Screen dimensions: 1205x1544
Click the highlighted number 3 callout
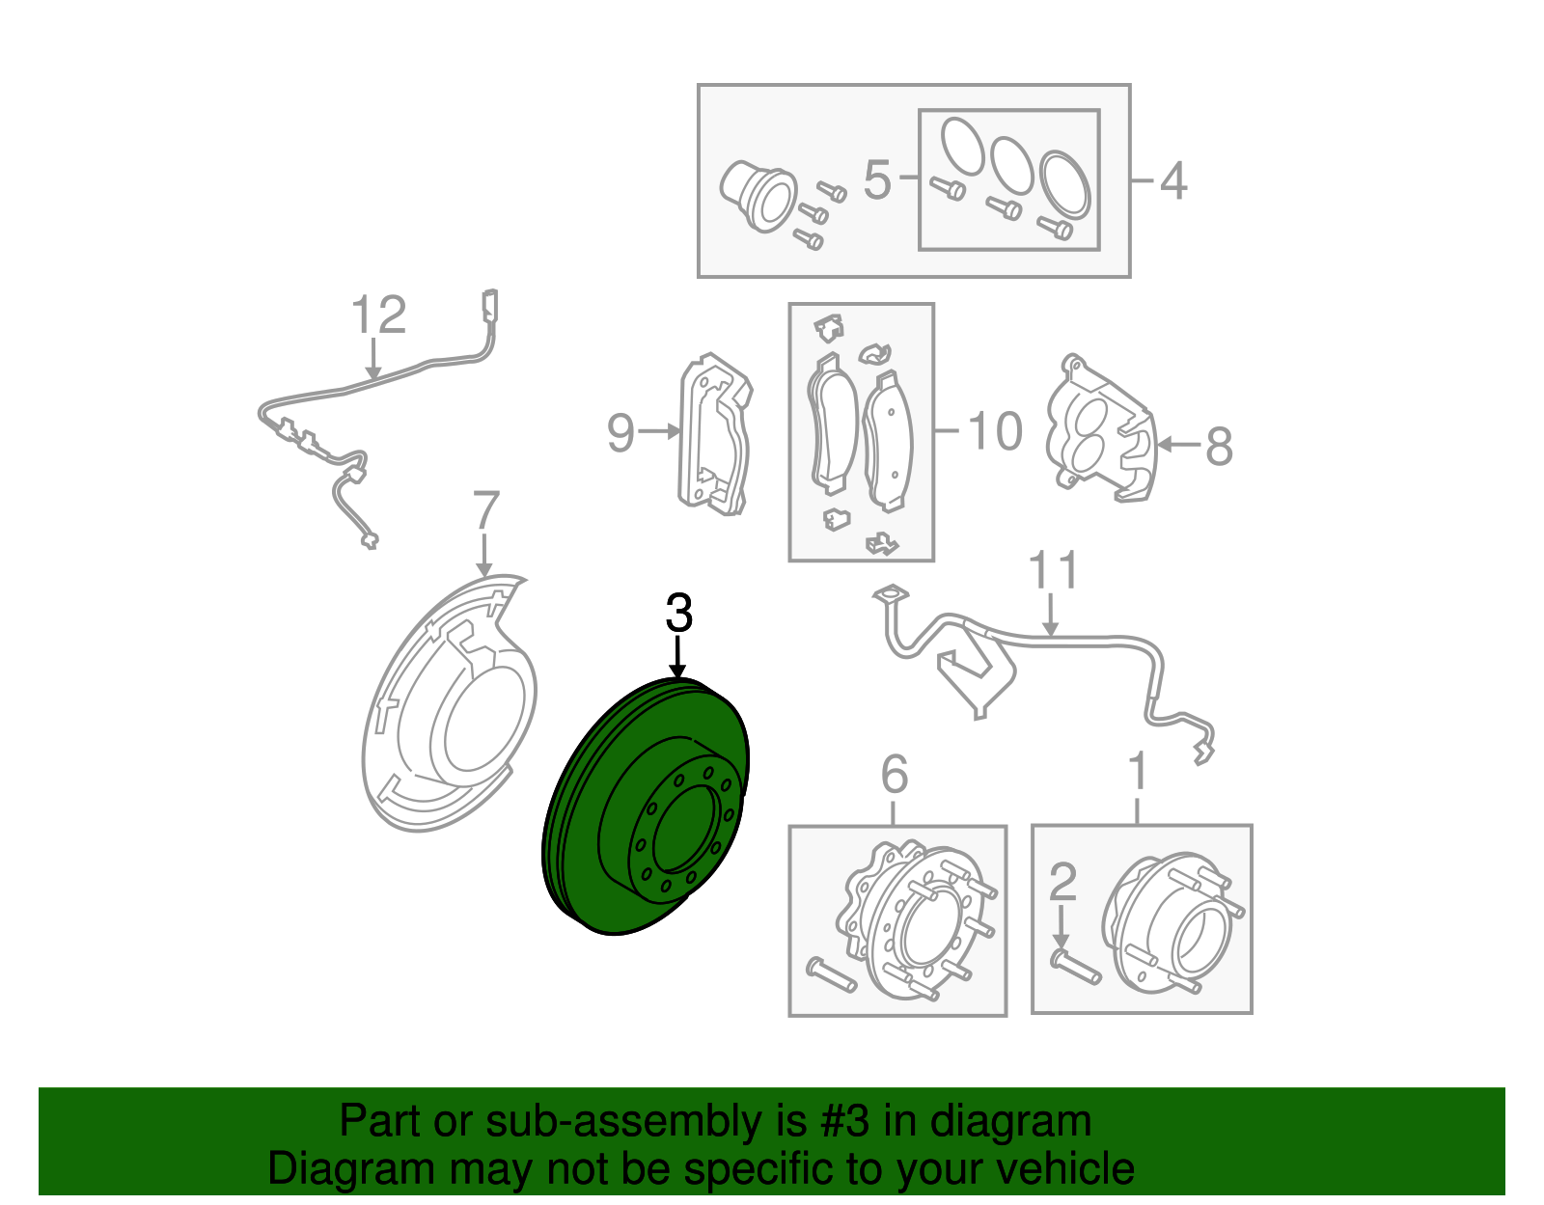[679, 614]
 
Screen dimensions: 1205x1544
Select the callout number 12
[378, 315]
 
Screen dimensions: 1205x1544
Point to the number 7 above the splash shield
[486, 511]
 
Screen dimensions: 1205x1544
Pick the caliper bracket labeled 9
[715, 434]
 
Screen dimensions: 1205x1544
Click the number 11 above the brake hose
[1053, 571]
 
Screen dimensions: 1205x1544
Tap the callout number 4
[1172, 181]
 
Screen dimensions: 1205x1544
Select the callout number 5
[876, 180]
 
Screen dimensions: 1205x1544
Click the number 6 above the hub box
[895, 774]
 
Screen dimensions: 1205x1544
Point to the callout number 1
[1139, 772]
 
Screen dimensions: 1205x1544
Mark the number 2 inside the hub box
[1061, 882]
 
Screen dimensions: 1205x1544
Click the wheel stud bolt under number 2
[1075, 967]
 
